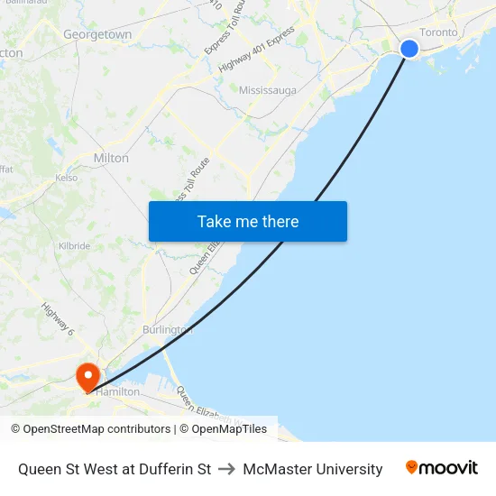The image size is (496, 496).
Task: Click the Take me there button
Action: tap(248, 221)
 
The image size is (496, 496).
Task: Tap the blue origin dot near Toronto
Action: tap(409, 49)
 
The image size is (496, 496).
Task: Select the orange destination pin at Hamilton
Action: tap(88, 375)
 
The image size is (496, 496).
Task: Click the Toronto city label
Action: tap(439, 32)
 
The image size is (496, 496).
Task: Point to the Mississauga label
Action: tap(268, 91)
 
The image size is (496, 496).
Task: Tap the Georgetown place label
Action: tap(97, 34)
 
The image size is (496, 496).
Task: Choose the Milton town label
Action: tap(111, 158)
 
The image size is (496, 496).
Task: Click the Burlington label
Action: tap(167, 330)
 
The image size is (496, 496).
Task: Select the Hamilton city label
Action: tap(118, 392)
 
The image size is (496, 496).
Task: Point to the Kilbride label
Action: tap(74, 245)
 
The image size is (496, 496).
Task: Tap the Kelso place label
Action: tap(66, 178)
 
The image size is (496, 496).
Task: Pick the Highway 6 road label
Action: tap(57, 320)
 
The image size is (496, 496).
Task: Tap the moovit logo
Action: tap(441, 468)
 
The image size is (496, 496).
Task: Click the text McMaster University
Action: tap(313, 469)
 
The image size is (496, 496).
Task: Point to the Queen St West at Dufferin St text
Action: tap(115, 469)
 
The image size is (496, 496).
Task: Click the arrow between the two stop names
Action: tap(226, 469)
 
